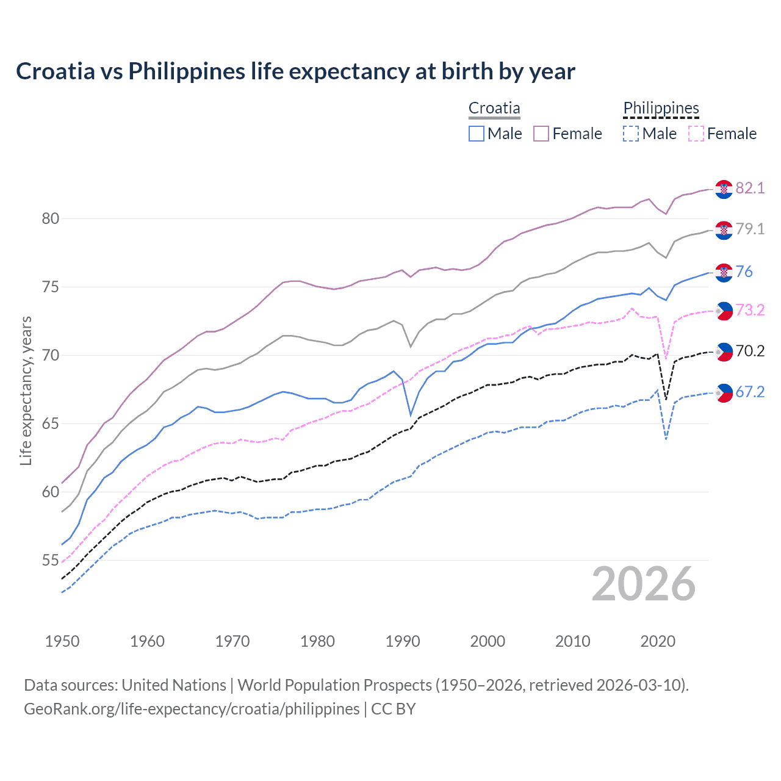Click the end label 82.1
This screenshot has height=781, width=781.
click(x=750, y=188)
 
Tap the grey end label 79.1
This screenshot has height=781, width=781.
click(x=750, y=229)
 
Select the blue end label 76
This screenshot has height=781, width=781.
click(x=744, y=272)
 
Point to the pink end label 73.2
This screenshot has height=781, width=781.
click(x=750, y=310)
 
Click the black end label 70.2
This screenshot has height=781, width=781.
click(x=750, y=351)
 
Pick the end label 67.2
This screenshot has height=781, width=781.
click(x=750, y=392)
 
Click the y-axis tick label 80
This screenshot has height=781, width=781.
click(x=51, y=218)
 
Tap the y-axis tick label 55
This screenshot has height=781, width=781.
click(x=51, y=560)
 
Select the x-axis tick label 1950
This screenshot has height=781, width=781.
click(x=62, y=641)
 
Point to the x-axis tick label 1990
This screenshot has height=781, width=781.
click(x=403, y=641)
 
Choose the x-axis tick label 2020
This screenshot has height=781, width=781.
click(x=658, y=641)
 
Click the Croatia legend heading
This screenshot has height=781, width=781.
click(x=494, y=108)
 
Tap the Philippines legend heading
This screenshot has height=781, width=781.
click(x=661, y=108)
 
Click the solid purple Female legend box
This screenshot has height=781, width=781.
click(x=541, y=134)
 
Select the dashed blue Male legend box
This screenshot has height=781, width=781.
click(x=631, y=134)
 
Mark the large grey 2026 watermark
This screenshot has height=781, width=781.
click(x=644, y=584)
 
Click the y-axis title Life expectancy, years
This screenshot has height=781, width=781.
click(x=26, y=390)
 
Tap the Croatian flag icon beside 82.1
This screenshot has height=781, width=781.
click(x=724, y=189)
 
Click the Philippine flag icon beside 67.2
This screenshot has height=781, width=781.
click(x=724, y=393)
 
